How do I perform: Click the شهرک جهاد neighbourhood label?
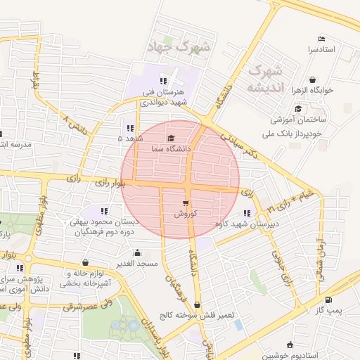pyautogui.click(x=176, y=47)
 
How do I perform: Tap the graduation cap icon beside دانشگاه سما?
pyautogui.click(x=172, y=137)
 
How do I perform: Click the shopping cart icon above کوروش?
pyautogui.click(x=186, y=202)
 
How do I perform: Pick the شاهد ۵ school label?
pyautogui.click(x=130, y=139)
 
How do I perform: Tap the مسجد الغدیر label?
pyautogui.click(x=136, y=264)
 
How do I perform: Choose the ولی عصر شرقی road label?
pyautogui.click(x=87, y=305)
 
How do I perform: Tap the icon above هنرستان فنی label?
pyautogui.click(x=165, y=80)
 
